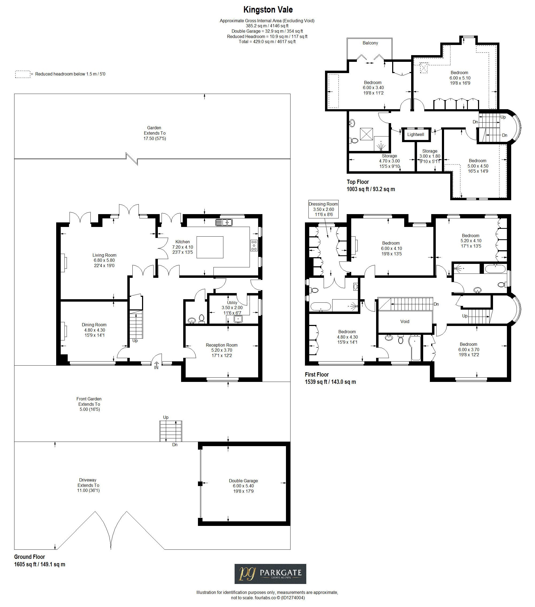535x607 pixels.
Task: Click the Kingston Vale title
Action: tap(268, 10)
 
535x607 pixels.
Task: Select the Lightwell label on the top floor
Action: tap(415, 135)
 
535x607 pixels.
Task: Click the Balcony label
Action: tap(370, 43)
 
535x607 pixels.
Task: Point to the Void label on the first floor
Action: tap(405, 321)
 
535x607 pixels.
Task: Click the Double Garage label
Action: tap(243, 480)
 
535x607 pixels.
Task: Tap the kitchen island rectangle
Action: tap(210, 247)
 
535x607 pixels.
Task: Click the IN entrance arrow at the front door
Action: tap(156, 365)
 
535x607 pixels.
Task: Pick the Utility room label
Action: tap(232, 303)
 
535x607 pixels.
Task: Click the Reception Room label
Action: tap(221, 345)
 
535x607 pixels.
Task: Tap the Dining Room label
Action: tap(94, 325)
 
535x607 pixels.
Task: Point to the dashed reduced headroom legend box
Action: tap(22, 74)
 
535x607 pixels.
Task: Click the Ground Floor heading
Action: tap(29, 557)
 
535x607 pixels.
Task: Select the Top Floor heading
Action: tap(358, 182)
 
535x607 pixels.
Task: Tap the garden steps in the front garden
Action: tap(171, 431)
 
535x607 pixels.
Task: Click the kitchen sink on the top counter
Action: tap(224, 222)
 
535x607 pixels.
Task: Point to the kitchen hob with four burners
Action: tap(254, 245)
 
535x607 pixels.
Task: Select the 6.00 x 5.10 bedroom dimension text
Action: tap(460, 78)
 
